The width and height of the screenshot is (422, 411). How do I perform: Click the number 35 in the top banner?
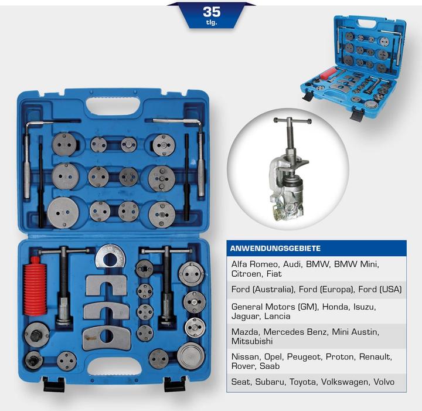pyautogui.click(x=212, y=12)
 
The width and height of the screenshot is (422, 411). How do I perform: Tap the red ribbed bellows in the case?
pyautogui.click(x=35, y=286)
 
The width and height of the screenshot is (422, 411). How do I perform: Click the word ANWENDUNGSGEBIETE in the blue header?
pyautogui.click(x=275, y=248)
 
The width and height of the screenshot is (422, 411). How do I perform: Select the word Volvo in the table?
pyautogui.click(x=384, y=382)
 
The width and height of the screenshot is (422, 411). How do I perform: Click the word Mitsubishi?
pyautogui.click(x=252, y=341)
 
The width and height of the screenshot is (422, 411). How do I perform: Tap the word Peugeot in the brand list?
pyautogui.click(x=304, y=357)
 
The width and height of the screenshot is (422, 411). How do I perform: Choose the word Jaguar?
pyautogui.click(x=245, y=316)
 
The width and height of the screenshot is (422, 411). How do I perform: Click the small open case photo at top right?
pyautogui.click(x=353, y=67)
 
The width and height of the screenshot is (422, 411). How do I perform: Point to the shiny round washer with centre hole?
pyautogui.click(x=110, y=256)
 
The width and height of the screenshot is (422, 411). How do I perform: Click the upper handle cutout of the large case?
pyautogui.click(x=113, y=107)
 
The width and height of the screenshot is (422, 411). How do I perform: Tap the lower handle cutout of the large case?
pyautogui.click(x=115, y=366)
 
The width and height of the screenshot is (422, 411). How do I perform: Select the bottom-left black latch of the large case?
pyautogui.click(x=54, y=384)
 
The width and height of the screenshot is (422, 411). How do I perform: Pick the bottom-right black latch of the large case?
pyautogui.click(x=175, y=384)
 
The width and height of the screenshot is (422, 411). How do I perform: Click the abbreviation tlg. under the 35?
pyautogui.click(x=212, y=23)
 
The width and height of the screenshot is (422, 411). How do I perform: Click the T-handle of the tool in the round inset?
pyautogui.click(x=292, y=121)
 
